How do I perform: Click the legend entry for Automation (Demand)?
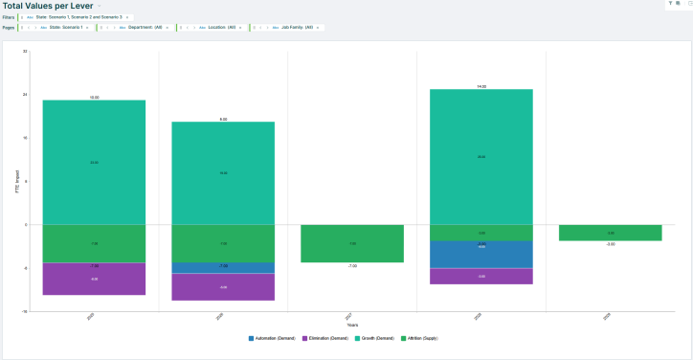click(272, 338)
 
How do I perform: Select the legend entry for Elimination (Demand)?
click(326, 338)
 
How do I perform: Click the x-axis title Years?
click(352, 325)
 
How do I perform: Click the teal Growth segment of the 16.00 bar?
click(94, 163)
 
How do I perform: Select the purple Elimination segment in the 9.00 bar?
click(223, 287)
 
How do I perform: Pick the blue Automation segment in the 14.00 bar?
click(481, 254)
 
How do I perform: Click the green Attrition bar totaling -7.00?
click(352, 243)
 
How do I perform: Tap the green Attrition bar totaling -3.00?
click(610, 233)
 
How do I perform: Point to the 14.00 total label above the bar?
click(481, 86)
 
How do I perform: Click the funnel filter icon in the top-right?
click(670, 4)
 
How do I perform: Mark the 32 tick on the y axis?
click(25, 51)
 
